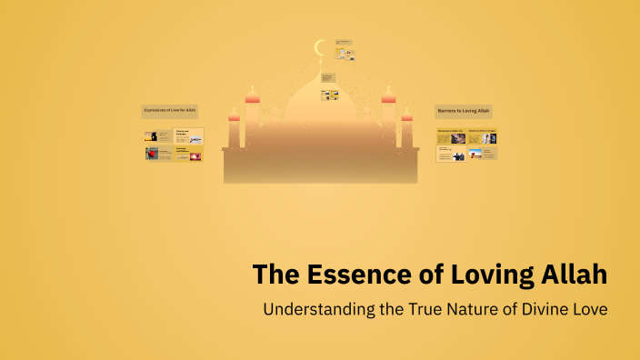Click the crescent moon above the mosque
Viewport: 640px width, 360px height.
319,47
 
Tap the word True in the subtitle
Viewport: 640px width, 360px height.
425,308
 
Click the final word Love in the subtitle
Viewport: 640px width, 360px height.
590,308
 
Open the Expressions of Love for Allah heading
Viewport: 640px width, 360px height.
169,111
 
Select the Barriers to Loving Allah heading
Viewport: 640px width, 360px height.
463,111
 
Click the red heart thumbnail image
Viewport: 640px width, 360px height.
152,155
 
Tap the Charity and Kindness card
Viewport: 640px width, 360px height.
189,136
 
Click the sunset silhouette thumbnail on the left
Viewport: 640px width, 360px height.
152,136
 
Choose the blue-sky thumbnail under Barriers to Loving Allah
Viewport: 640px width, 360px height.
475,155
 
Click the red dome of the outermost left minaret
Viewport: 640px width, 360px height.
234,115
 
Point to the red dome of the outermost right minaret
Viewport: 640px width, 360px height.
406,115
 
